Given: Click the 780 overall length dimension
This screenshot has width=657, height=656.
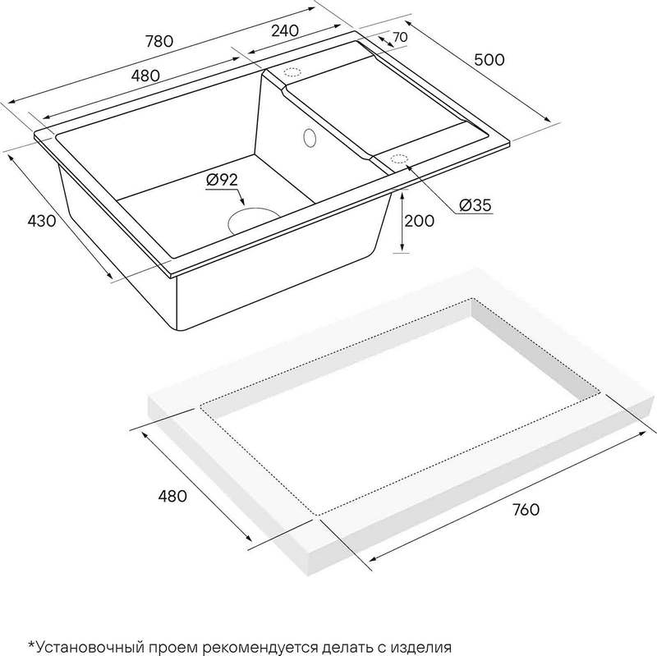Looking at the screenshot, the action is (x=159, y=41).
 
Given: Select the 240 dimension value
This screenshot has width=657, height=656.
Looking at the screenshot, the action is (x=285, y=30).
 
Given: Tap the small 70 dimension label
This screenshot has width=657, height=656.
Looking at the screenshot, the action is (x=400, y=37).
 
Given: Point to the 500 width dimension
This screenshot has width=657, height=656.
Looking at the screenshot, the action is (x=489, y=60).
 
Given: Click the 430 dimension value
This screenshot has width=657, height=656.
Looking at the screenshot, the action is (x=42, y=220).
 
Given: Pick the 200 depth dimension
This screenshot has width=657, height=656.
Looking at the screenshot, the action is (x=419, y=220).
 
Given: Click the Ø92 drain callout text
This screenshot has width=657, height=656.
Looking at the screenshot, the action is (x=222, y=180).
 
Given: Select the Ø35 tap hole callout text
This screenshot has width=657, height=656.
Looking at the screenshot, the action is (x=476, y=205).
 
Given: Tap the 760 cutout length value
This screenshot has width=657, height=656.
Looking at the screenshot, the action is (x=526, y=509).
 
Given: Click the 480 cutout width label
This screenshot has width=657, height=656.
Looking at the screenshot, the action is (x=172, y=496).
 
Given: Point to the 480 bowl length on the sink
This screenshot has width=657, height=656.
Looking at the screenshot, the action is (x=145, y=76).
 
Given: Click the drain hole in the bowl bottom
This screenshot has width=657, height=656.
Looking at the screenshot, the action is (x=253, y=218).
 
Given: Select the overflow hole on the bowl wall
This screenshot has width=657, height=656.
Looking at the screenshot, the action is (x=310, y=138).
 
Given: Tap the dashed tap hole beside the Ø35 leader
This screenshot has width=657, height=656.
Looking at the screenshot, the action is (x=398, y=158).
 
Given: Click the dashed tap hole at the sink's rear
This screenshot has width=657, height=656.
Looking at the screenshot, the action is (x=292, y=71).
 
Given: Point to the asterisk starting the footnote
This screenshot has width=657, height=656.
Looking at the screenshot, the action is (x=31, y=644).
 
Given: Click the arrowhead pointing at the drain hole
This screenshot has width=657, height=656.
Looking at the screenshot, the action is (x=241, y=201).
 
